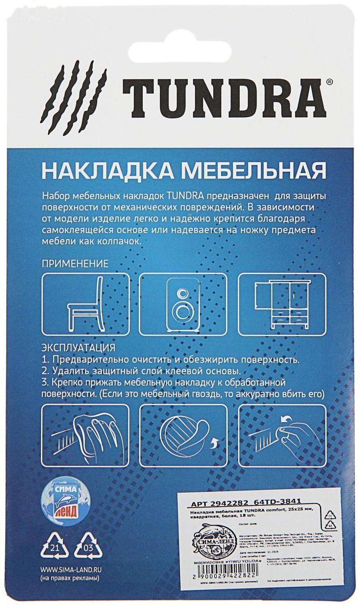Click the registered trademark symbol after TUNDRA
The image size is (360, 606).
[x=329, y=81]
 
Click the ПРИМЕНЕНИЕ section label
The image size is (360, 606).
[x=75, y=264]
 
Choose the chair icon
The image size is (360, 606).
[x=85, y=304]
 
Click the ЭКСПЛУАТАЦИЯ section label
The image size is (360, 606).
[x=78, y=347]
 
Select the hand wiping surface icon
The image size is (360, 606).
[x=85, y=435]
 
